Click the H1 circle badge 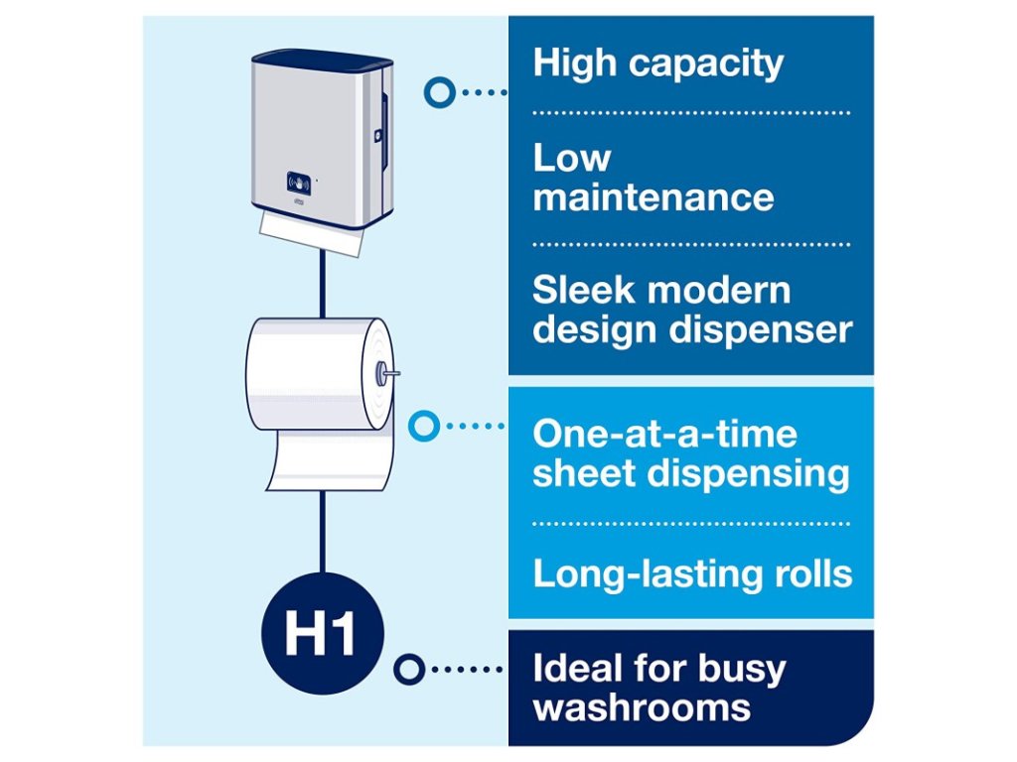pyautogui.click(x=322, y=633)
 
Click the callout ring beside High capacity pyautogui.click(x=439, y=92)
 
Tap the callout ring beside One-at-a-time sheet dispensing pyautogui.click(x=425, y=427)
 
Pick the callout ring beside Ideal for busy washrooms pyautogui.click(x=408, y=668)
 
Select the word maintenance pyautogui.click(x=653, y=195)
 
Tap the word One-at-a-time pyautogui.click(x=664, y=434)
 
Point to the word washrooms pyautogui.click(x=642, y=707)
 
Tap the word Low pyautogui.click(x=571, y=158)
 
